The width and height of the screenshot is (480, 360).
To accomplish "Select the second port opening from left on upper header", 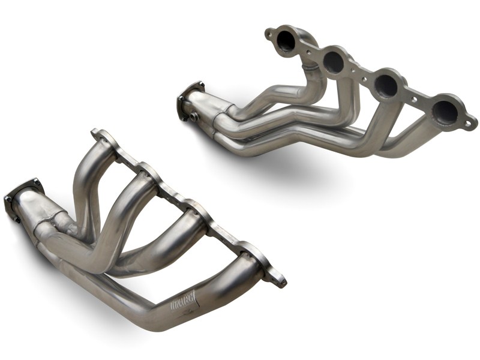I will click(334, 59).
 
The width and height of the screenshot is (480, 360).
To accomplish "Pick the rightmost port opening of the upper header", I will click(445, 110).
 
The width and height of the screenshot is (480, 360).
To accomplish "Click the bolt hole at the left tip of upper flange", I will click(268, 35).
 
